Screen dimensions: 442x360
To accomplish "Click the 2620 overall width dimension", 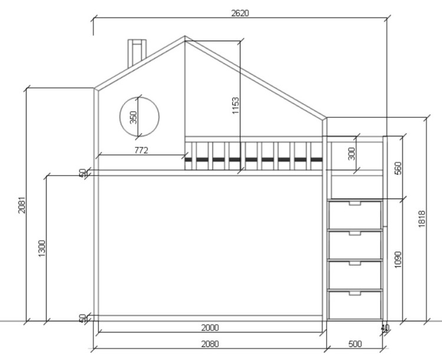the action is pos(240,13).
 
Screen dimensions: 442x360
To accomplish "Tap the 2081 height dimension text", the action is pos(22,204).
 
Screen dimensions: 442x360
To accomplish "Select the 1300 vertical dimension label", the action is pos(41,249).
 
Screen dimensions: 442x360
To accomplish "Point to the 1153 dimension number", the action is pos(235,105).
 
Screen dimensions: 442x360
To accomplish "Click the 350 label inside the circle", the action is pos(133,117).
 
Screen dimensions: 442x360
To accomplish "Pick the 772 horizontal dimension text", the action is pos(141,150).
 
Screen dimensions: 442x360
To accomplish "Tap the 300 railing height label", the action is pos(351,154).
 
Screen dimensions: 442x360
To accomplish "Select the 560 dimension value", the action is pos(398,169).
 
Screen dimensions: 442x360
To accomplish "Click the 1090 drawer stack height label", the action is pos(398,260).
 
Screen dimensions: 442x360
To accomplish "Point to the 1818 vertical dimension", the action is pos(421,219).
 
